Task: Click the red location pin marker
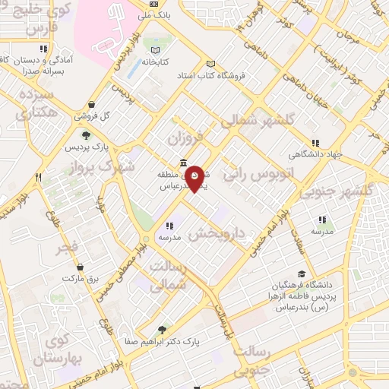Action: coord(194,177)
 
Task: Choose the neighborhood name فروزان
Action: coord(187,139)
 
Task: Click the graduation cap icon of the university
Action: coord(302,274)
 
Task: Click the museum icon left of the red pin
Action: coord(183,163)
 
